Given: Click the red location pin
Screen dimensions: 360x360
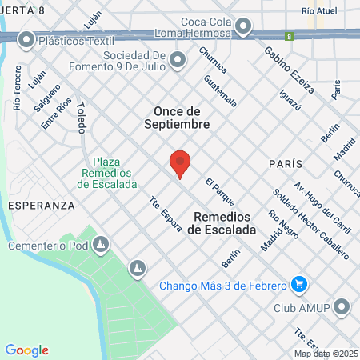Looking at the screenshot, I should [x=180, y=163].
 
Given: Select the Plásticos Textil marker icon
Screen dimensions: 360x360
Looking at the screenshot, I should [x=26, y=38].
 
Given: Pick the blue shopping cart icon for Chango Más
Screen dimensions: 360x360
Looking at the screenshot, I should [x=300, y=284].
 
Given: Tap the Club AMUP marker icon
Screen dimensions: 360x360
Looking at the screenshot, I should [x=342, y=306].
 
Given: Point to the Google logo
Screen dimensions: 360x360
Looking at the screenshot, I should [x=26, y=350].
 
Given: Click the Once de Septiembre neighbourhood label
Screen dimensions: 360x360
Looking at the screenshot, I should [x=182, y=118].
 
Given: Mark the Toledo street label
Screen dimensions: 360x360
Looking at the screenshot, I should [x=81, y=118].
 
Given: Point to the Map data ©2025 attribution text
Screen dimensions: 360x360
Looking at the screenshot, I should [x=325, y=354].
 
